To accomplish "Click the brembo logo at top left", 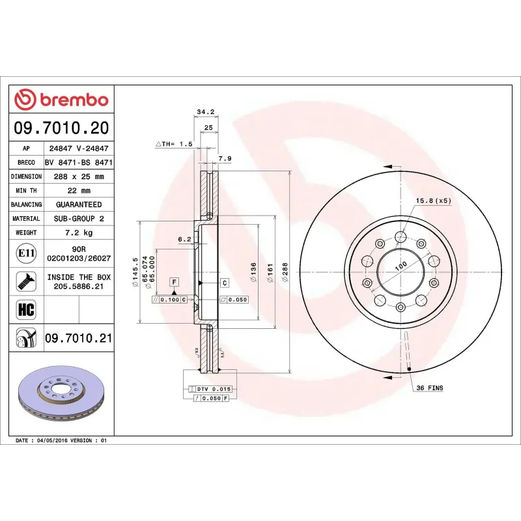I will [61, 100].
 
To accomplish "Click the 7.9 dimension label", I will [224, 158].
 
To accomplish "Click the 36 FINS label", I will [429, 388].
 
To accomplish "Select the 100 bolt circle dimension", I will [401, 264].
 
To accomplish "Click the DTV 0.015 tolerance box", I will [214, 389].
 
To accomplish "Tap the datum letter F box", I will [174, 282].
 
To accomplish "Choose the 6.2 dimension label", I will [184, 239].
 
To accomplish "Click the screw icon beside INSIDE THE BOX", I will [26, 281].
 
